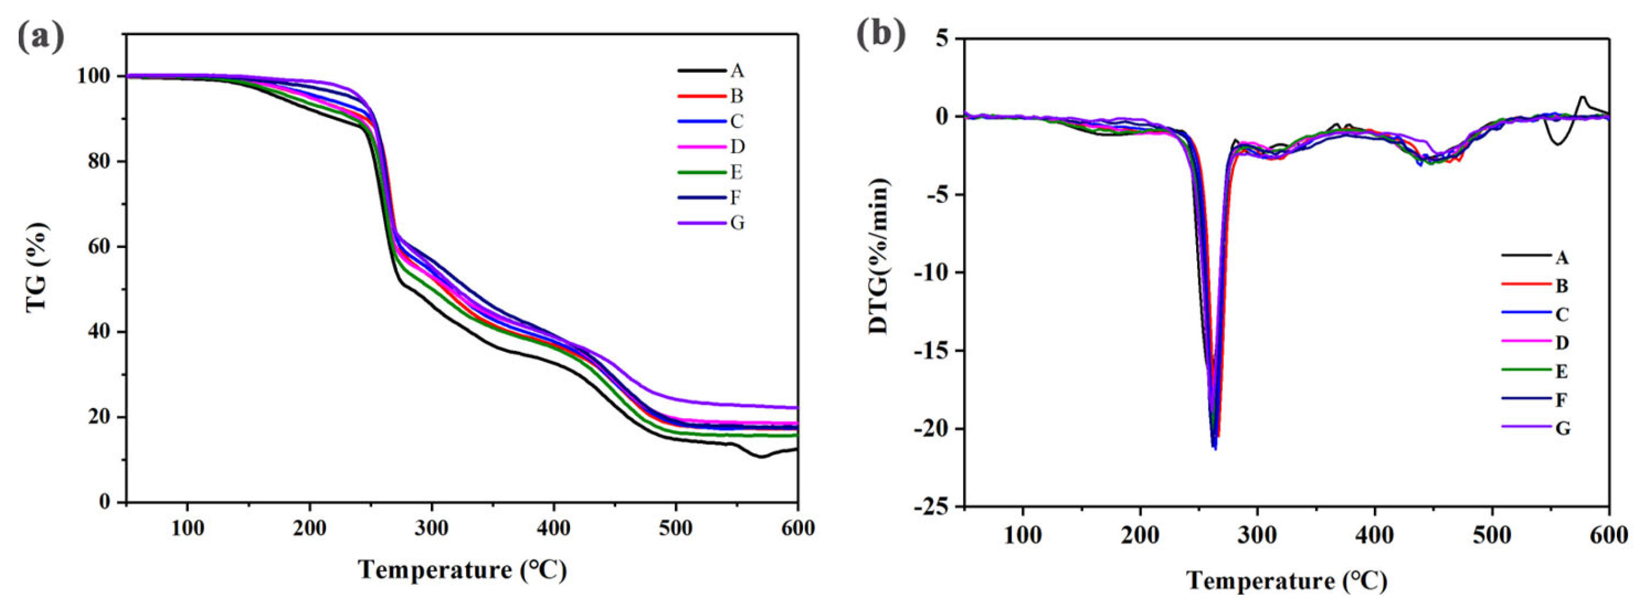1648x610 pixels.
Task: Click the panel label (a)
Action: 40,37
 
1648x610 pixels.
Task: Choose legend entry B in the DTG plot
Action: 1562,286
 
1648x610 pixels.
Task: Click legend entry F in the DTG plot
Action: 1562,399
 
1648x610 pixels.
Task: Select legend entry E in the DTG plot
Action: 1562,371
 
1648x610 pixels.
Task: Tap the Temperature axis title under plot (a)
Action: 462,568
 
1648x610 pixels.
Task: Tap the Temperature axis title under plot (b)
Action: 1286,581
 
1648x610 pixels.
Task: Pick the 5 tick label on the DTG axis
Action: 943,38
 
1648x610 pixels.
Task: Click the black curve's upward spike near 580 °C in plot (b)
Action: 1583,97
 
